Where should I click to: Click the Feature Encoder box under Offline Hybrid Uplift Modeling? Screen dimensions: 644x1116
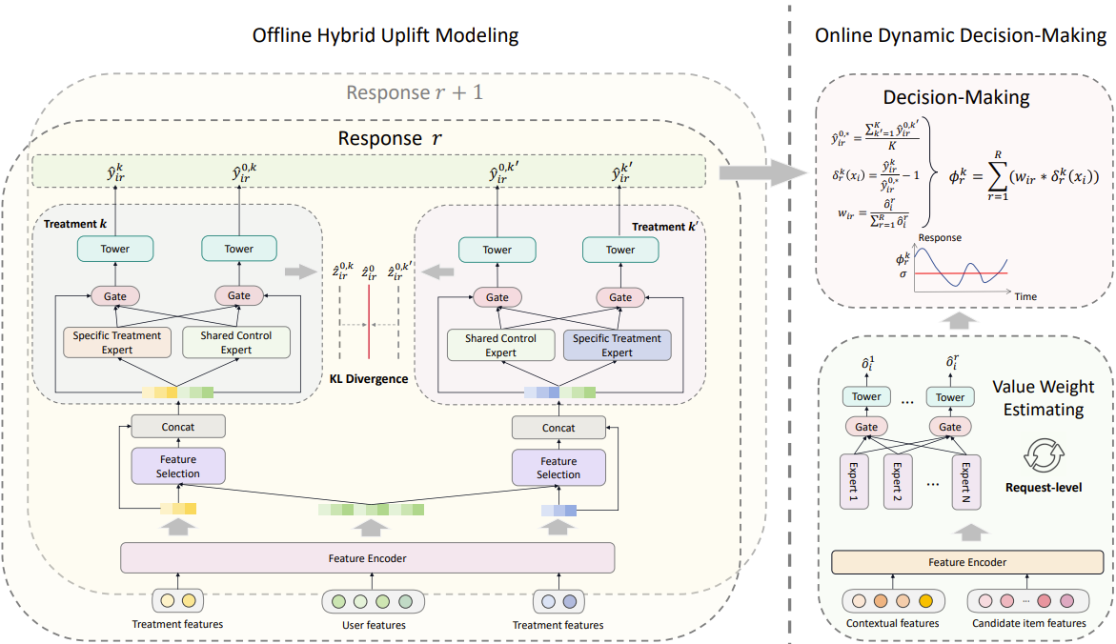[x=367, y=557]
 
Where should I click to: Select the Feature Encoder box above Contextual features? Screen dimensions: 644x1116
[x=967, y=562]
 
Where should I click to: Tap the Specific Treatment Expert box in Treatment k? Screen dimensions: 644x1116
[x=117, y=343]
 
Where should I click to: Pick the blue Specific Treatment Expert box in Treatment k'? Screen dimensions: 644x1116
[x=617, y=345]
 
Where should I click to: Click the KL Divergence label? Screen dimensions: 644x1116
[x=369, y=379]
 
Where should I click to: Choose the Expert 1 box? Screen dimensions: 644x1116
[x=853, y=481]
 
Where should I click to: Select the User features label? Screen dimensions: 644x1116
[x=374, y=625]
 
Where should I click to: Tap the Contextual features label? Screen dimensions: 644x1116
[x=892, y=623]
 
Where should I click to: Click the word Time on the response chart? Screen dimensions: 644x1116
[x=1025, y=296]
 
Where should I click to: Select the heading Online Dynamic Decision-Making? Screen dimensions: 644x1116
[x=961, y=36]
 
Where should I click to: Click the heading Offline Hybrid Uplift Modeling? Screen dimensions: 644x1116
[x=385, y=36]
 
